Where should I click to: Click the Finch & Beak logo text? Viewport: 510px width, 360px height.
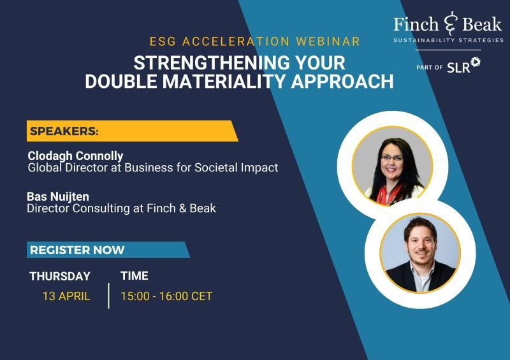(448, 24)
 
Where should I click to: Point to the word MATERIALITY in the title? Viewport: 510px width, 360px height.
(224, 81)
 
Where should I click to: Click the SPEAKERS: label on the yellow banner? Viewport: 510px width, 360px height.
(64, 131)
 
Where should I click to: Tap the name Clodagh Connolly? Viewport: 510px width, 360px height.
(75, 155)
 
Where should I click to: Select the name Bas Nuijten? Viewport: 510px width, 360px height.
(58, 196)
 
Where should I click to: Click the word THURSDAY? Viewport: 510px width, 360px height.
(60, 276)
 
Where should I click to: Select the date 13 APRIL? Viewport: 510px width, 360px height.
(66, 296)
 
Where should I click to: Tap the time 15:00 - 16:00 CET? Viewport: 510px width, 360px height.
(166, 296)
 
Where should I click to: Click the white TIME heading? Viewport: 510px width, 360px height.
(135, 276)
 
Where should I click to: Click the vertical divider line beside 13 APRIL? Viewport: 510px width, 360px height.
(108, 296)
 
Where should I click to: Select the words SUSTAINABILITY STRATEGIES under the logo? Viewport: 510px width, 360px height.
(449, 40)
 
